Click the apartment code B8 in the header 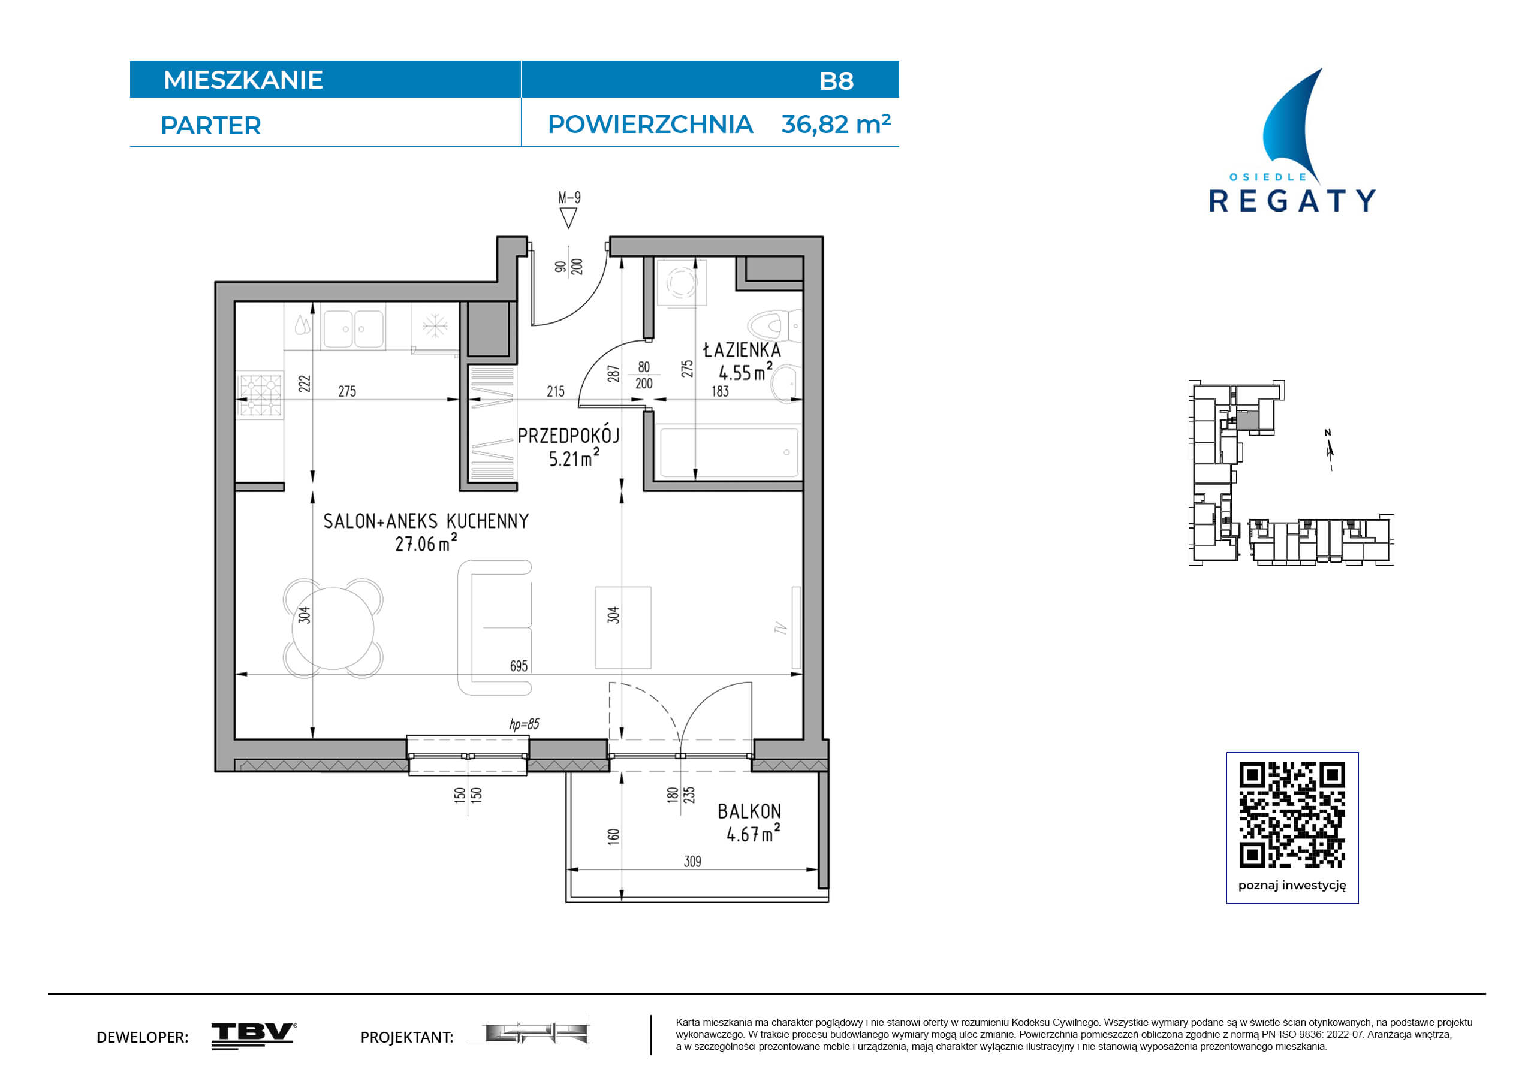pos(836,81)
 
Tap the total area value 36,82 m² pos(836,124)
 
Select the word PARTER pos(210,126)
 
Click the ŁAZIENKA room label pos(742,349)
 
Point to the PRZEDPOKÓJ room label pos(568,436)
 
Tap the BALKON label pos(749,811)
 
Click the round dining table pos(333,628)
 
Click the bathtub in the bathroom pos(729,452)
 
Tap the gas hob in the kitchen pos(261,395)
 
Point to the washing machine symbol pos(682,282)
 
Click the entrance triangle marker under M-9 pos(568,218)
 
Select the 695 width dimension pos(519,666)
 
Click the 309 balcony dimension pos(693,862)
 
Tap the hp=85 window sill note pos(524,724)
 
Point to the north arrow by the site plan pos(1330,451)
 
